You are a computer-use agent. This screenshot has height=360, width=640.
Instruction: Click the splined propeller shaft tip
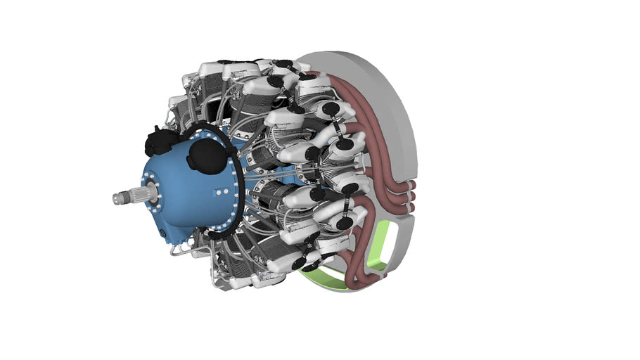tap(117, 199)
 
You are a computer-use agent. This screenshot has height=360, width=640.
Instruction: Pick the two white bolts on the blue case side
tap(221, 191)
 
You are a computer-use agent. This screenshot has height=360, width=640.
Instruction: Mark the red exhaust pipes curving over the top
tap(352, 98)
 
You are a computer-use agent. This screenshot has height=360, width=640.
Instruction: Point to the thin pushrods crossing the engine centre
tap(309, 176)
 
